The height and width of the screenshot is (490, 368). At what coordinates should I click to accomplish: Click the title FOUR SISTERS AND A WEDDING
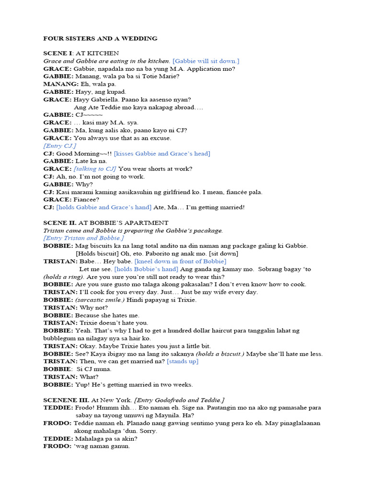point(100,38)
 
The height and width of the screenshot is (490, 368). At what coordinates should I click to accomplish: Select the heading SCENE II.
point(60,223)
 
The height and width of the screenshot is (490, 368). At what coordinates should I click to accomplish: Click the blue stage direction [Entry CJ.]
point(59,145)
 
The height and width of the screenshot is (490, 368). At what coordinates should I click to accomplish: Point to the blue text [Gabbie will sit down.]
point(206,61)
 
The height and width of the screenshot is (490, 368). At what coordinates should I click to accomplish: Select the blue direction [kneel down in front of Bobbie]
point(180,261)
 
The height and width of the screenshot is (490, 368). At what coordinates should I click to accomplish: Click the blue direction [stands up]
point(182,361)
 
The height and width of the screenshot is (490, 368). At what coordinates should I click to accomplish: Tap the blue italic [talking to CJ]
point(95,168)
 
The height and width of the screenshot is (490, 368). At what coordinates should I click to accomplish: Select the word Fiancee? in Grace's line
point(86,200)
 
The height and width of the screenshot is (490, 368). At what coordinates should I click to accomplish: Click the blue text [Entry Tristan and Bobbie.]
point(84,238)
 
